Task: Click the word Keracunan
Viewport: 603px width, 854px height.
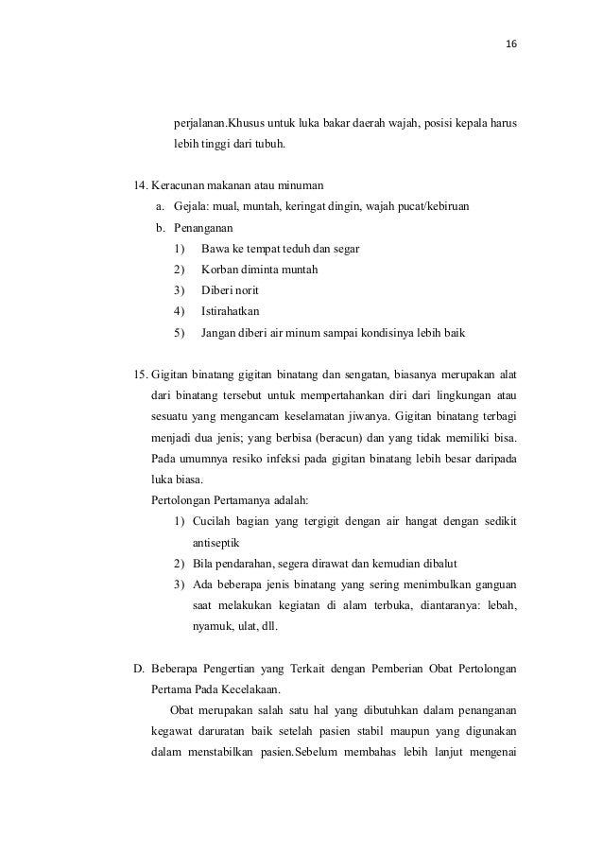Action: tap(184, 183)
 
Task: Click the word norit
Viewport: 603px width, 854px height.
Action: tap(243, 289)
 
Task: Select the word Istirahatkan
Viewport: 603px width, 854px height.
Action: tap(233, 311)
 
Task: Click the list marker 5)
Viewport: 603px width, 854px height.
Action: tap(180, 333)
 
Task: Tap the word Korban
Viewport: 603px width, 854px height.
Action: tap(221, 270)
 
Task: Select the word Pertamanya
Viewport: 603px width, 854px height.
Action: tap(239, 501)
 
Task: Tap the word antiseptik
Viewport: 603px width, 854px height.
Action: tap(217, 544)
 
